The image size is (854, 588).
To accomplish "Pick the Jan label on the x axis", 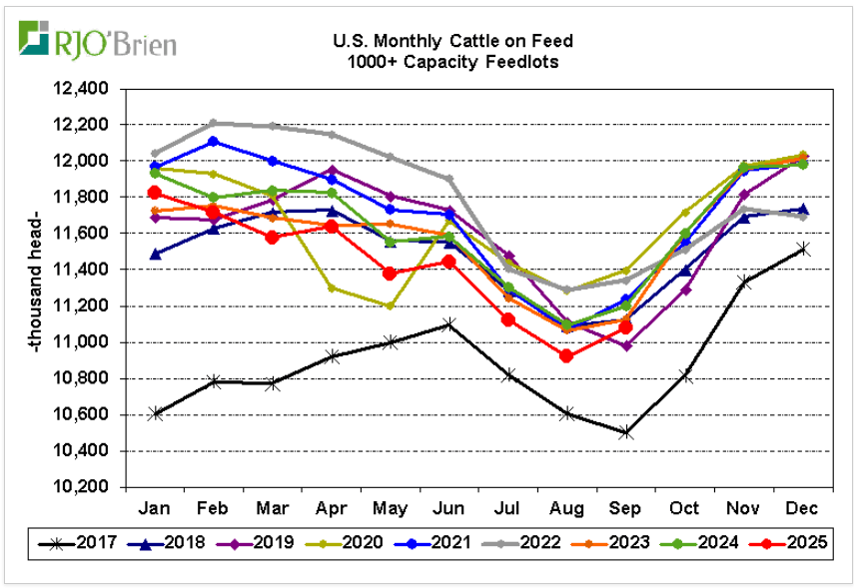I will point(155,506).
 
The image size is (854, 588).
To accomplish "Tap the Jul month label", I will point(508,506).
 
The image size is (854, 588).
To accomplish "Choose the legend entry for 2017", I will point(94,543).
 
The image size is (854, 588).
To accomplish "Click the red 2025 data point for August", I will point(567,355).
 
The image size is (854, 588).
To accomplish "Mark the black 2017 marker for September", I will point(626,432).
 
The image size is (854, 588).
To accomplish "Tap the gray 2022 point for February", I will point(214,123).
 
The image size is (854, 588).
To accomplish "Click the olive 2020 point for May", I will point(391,305).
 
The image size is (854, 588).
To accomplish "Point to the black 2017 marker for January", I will point(155,413).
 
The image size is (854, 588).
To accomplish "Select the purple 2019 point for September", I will point(626,345).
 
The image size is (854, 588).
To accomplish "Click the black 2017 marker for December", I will point(803,249).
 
